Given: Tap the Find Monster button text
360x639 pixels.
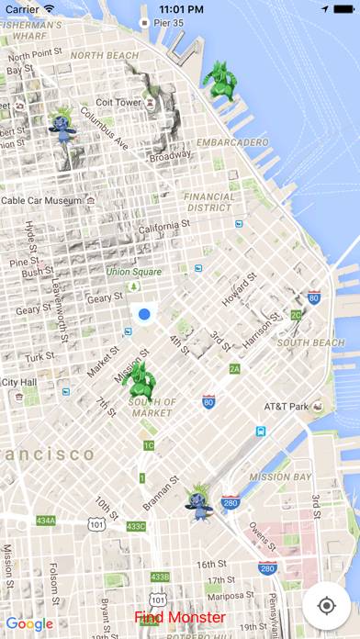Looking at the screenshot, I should tap(179, 618).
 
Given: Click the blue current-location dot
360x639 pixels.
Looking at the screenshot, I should tap(144, 315).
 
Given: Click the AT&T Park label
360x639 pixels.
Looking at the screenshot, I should tap(287, 406).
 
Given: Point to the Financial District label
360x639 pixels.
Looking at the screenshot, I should tap(208, 202).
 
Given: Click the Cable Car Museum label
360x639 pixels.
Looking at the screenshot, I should tap(41, 199).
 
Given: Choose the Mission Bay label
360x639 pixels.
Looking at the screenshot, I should tap(281, 477).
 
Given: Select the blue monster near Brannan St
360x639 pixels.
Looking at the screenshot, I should tap(197, 501).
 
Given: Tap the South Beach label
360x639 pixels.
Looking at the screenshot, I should tap(310, 342).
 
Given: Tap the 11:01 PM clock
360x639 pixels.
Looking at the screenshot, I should tap(180, 7).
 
